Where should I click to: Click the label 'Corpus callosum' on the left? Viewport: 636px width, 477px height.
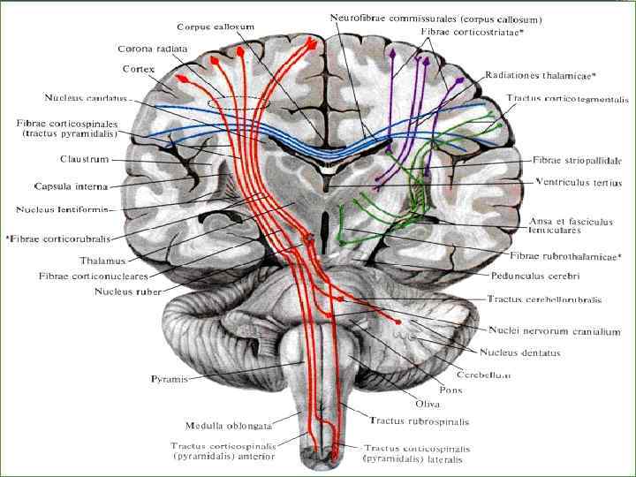click(x=216, y=27)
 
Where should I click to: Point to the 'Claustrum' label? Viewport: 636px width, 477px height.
click(x=60, y=160)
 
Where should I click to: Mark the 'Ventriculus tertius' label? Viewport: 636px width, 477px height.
click(x=579, y=183)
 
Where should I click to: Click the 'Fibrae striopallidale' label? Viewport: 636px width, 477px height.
click(x=577, y=161)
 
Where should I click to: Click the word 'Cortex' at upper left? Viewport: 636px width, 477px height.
click(x=138, y=68)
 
